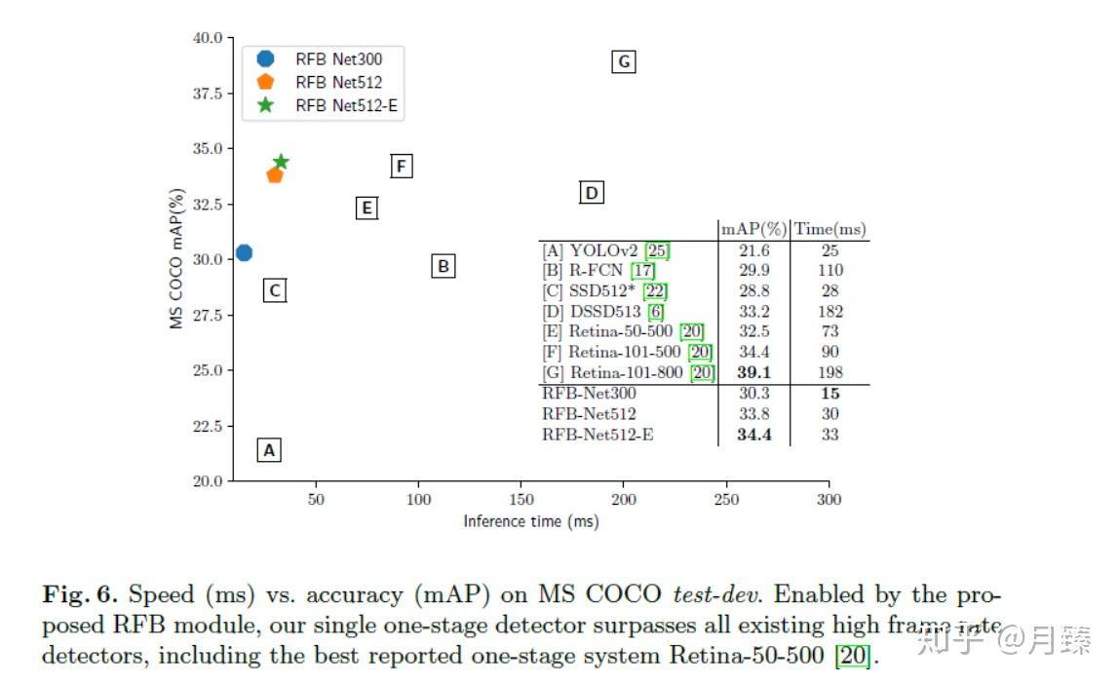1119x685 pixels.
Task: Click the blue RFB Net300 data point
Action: click(244, 253)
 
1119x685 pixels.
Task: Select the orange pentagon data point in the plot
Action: click(275, 175)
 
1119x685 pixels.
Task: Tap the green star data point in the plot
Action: click(281, 162)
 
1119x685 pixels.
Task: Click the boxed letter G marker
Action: click(624, 62)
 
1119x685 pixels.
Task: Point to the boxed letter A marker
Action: click(270, 450)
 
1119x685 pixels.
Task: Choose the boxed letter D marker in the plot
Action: click(591, 193)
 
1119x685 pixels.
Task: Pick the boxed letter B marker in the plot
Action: click(443, 265)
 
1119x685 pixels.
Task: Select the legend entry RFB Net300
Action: click(338, 59)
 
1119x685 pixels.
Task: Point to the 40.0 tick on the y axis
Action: click(206, 38)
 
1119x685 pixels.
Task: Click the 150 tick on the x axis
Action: click(521, 500)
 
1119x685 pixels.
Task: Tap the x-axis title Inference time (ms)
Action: click(530, 522)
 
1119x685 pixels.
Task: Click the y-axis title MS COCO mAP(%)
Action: click(177, 259)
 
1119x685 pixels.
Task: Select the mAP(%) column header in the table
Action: click(752, 229)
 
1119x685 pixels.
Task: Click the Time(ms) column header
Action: click(830, 229)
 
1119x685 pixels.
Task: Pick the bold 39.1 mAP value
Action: click(752, 372)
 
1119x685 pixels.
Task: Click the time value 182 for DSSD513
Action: click(830, 312)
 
